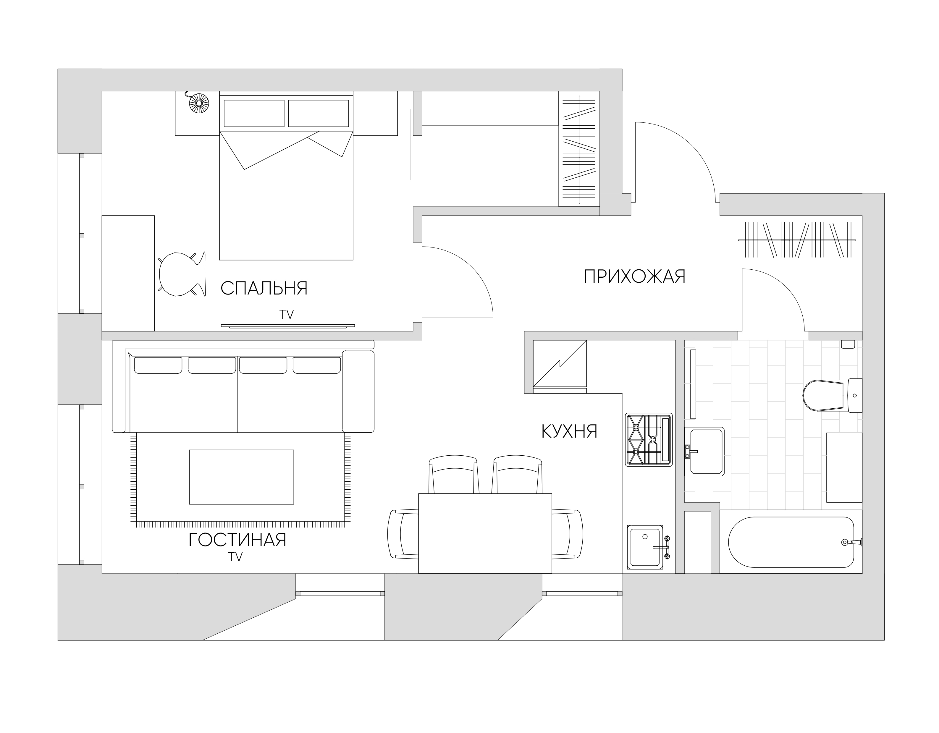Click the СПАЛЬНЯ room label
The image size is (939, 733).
click(x=264, y=288)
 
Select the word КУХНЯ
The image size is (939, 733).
click(x=569, y=431)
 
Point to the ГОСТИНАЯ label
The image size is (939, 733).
click(x=237, y=540)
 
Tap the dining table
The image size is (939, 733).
click(x=485, y=533)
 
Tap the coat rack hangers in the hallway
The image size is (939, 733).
click(x=795, y=240)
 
